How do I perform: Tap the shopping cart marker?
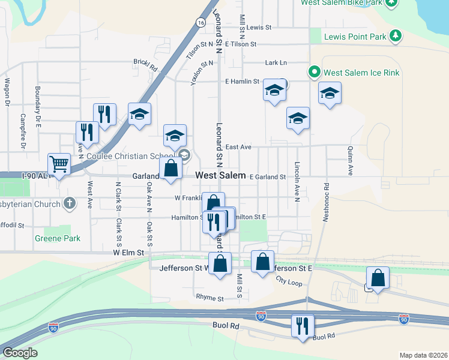coord(59,164)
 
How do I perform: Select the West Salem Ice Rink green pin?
coord(313,73)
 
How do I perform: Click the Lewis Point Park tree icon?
coord(396,37)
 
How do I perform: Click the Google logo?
coord(20,353)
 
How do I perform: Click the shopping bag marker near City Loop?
coord(262,262)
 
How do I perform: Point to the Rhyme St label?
coord(209,298)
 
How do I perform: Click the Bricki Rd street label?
coord(145,62)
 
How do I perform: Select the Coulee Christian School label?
coord(127,156)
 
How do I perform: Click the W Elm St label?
coord(129,253)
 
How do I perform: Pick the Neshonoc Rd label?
coord(325,203)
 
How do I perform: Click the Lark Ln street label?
coord(276,62)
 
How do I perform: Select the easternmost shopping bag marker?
coord(378,278)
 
